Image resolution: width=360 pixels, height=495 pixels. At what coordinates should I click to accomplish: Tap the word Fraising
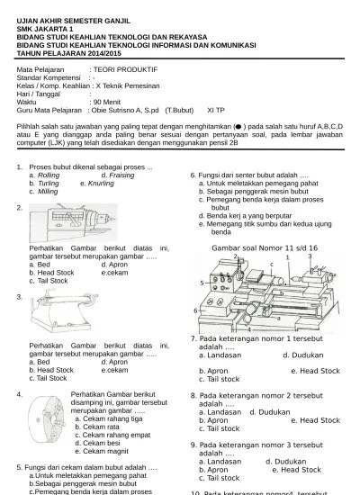tap(119, 175)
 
